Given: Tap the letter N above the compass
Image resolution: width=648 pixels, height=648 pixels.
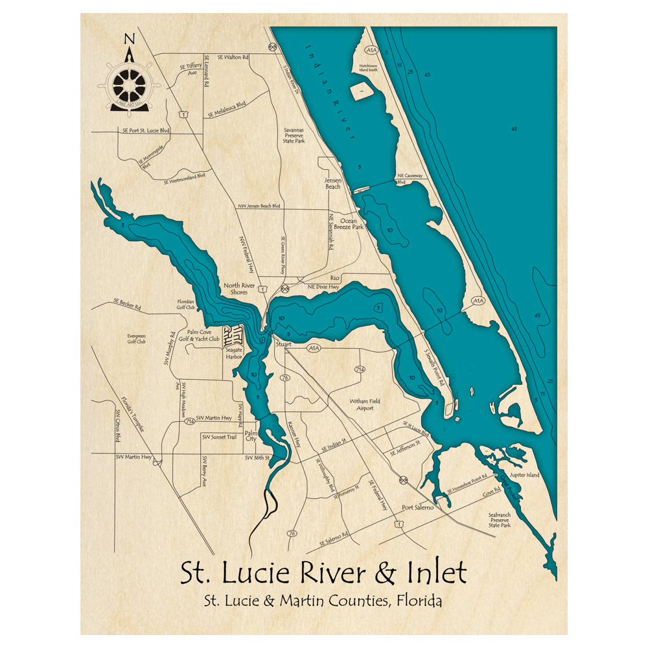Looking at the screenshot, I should [x=129, y=37].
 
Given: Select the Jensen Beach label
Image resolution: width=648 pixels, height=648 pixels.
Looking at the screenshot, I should [x=332, y=183].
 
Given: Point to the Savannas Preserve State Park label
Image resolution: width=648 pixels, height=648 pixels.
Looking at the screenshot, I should [x=294, y=135].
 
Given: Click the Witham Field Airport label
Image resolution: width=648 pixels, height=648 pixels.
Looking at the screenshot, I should [x=365, y=405].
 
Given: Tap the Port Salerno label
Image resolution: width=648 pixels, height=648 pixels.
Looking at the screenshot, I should [x=417, y=507].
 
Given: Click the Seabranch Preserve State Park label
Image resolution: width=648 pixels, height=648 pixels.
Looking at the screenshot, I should [x=500, y=520].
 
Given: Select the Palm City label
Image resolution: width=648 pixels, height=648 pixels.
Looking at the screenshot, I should [x=251, y=435].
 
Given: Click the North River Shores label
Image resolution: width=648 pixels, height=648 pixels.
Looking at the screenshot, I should [x=240, y=289].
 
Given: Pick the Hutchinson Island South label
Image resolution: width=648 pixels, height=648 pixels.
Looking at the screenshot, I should [x=363, y=67].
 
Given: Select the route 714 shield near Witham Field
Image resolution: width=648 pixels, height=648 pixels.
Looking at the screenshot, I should [x=359, y=369].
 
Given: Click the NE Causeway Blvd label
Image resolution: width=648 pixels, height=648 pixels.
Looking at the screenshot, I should [x=409, y=178].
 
